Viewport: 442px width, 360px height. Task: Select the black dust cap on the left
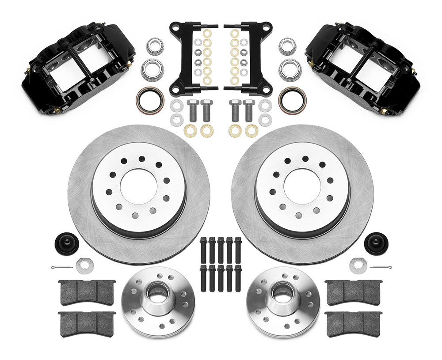tap(65, 242)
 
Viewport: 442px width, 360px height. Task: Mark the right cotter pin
tap(380, 267)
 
